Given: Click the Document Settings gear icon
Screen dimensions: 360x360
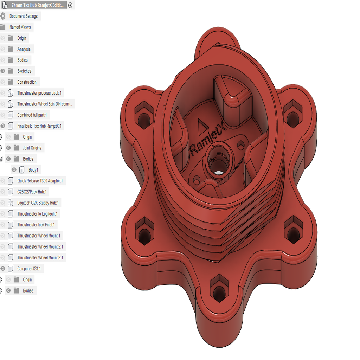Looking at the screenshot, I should click(x=3, y=16).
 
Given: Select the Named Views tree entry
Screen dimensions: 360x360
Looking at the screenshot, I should click(x=20, y=27).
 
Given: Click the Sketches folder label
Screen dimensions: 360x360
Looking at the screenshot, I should click(x=24, y=71).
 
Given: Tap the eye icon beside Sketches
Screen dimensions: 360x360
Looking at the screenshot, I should click(x=3, y=71).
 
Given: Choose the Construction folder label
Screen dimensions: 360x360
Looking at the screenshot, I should click(x=27, y=82).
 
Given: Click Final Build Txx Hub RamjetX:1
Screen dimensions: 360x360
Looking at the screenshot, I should click(x=40, y=126).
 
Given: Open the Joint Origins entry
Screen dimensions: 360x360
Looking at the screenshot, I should click(x=32, y=148).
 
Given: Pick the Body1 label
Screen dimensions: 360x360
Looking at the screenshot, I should click(x=33, y=170).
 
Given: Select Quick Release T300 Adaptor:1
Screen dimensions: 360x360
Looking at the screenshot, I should click(x=40, y=181).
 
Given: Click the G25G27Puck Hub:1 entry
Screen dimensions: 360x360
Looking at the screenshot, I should click(x=32, y=192).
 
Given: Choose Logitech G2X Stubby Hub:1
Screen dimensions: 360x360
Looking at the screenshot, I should click(x=38, y=203).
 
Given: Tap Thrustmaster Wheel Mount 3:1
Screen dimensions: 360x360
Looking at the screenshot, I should click(x=40, y=258).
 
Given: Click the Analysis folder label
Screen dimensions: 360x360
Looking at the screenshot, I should click(x=24, y=49).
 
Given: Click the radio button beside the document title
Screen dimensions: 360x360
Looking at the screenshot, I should click(x=70, y=5).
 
